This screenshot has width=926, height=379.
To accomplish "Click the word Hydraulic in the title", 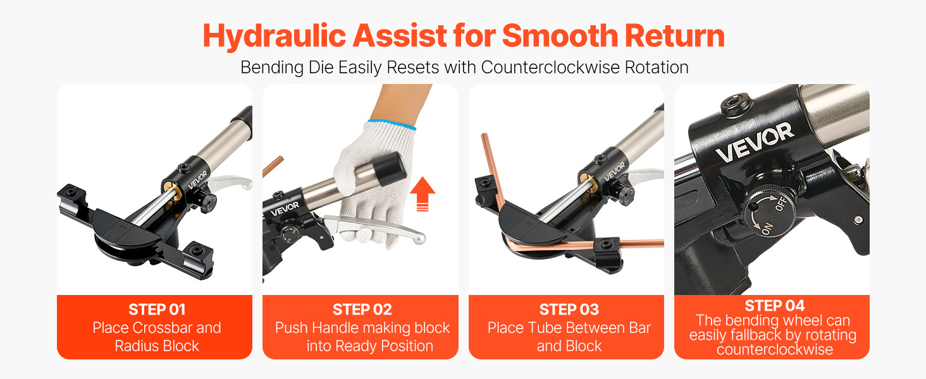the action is coord(274,37).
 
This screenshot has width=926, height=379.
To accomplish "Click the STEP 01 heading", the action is coord(157,310).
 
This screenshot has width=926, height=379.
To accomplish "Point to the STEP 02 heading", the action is coord(362,310).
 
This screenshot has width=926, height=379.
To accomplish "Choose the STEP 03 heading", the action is coord(569,310).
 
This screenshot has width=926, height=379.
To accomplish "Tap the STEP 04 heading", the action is coord(774,306).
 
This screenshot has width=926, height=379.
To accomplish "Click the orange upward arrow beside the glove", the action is coord(423,194).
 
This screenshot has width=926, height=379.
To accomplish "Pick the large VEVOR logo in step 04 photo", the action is coord(755,142).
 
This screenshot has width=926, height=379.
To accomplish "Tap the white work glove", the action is coord(374,182).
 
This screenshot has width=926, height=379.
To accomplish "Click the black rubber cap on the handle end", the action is coord(389,169).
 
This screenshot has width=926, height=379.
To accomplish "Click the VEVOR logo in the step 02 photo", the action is coord(285,209).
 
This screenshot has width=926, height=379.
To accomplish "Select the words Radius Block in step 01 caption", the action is coord(157,346).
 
